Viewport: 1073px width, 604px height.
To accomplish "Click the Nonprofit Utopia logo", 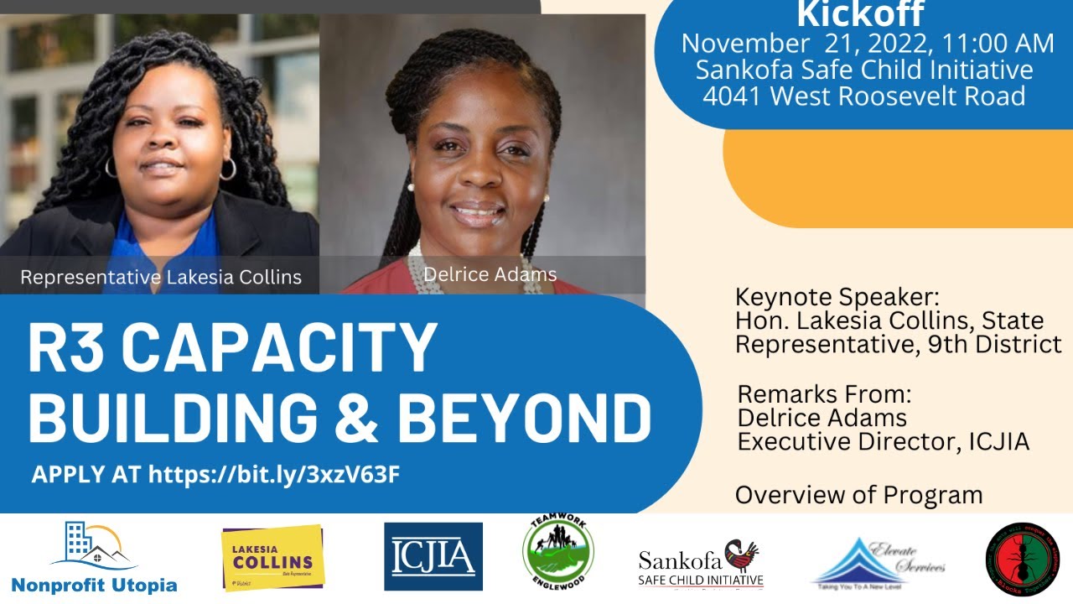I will pyautogui.click(x=94, y=558).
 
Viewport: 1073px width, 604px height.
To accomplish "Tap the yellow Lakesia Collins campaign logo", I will pyautogui.click(x=272, y=557).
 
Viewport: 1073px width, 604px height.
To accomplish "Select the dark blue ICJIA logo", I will pyautogui.click(x=433, y=556).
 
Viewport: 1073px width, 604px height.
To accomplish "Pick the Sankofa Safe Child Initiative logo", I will pyautogui.click(x=702, y=565).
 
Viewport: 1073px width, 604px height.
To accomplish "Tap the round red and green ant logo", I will pyautogui.click(x=1022, y=560).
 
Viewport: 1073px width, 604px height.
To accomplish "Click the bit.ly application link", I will pyautogui.click(x=273, y=474).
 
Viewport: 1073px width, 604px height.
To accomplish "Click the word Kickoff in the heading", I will pyautogui.click(x=860, y=14).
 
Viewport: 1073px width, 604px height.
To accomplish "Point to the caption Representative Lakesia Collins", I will pyautogui.click(x=161, y=277).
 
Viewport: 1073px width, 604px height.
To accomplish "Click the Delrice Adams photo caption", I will pyautogui.click(x=490, y=274).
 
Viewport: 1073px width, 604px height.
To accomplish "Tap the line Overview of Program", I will pyautogui.click(x=858, y=495).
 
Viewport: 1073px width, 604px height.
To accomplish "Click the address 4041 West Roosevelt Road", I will pyautogui.click(x=863, y=96).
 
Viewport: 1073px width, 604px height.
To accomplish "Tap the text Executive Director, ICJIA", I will pyautogui.click(x=883, y=441).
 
